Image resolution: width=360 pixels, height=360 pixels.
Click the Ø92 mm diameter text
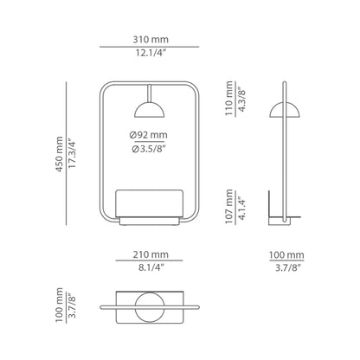coord(150,136)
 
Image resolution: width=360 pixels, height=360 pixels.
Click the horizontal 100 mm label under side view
coord(287,254)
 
